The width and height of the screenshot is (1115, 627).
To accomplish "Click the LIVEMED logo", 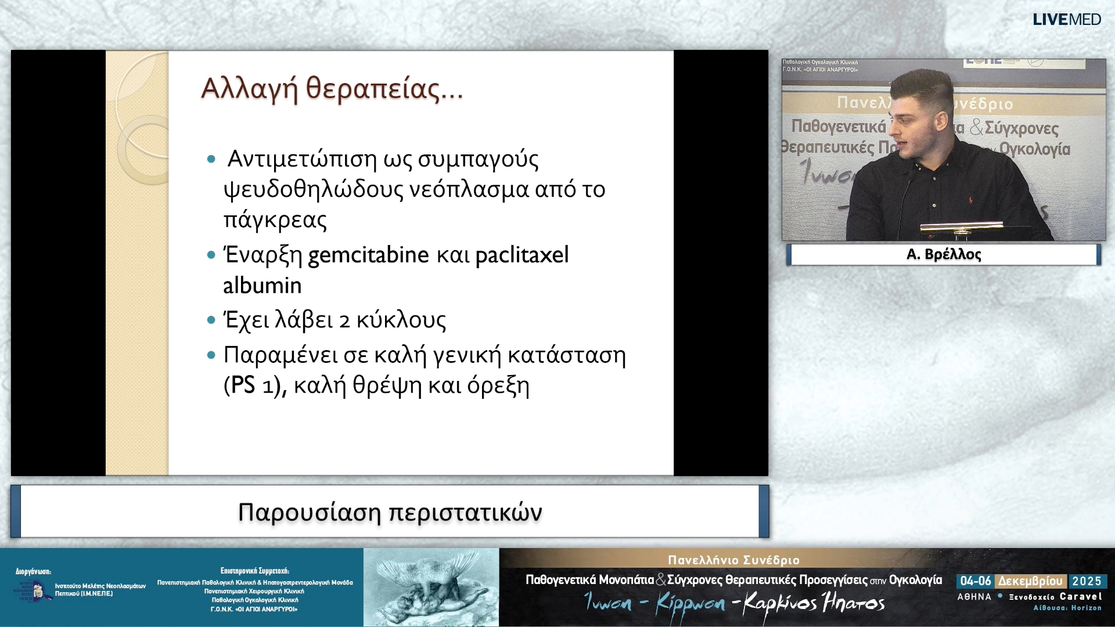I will point(1066,20).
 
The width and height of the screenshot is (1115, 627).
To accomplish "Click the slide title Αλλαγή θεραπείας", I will point(331,89).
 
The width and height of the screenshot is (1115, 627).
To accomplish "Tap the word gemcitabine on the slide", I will point(368,255).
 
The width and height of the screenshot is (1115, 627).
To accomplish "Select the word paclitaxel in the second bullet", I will point(521,255).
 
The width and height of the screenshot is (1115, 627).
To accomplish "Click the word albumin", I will point(262,286).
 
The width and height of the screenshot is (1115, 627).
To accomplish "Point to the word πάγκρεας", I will point(275,220).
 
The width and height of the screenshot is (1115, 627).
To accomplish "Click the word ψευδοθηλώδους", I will point(313,189).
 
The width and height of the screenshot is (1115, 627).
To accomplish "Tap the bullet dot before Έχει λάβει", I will point(211,320).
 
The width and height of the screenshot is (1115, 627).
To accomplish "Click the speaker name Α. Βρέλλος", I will point(943,254).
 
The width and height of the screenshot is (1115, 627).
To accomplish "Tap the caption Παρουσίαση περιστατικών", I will point(390,512).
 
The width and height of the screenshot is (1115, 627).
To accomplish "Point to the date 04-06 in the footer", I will point(976,581).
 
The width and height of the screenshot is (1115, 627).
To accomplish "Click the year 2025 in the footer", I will point(1087,581).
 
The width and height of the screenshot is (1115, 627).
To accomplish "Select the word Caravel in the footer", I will point(1080,596).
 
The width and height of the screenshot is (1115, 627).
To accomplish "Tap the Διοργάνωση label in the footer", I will point(33,572).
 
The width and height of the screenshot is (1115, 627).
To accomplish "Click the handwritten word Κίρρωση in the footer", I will point(690,604).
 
